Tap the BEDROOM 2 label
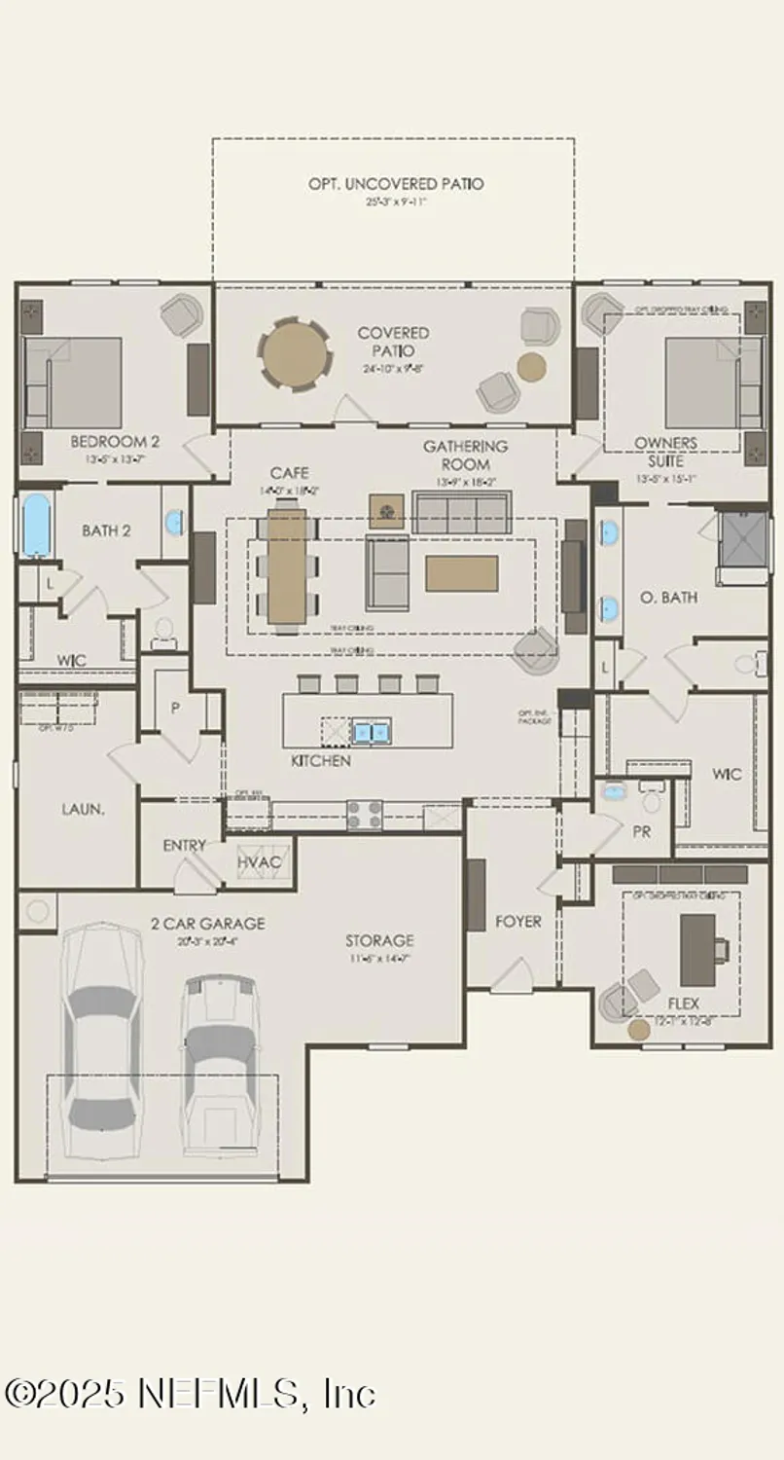[115, 441]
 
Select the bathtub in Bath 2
[35, 525]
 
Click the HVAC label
[259, 862]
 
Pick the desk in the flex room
[697, 949]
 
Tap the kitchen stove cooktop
[365, 815]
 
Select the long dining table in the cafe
[288, 565]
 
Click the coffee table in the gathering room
[461, 573]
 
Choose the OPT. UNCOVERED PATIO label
[396, 183]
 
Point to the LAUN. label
[84, 808]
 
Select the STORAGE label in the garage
[379, 940]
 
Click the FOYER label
[517, 921]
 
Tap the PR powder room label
[641, 832]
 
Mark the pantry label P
[176, 708]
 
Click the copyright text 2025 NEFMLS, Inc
[191, 1394]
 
